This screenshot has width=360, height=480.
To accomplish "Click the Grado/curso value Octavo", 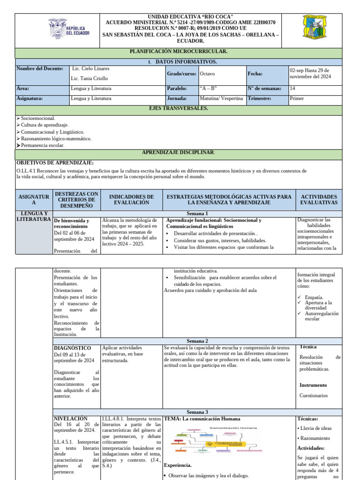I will [208, 74].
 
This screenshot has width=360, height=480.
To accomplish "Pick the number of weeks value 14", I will [293, 88].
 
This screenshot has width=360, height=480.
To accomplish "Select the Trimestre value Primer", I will [297, 98].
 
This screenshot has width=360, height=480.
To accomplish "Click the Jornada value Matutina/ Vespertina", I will [221, 98].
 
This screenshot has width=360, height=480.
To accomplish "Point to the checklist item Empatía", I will [315, 297].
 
